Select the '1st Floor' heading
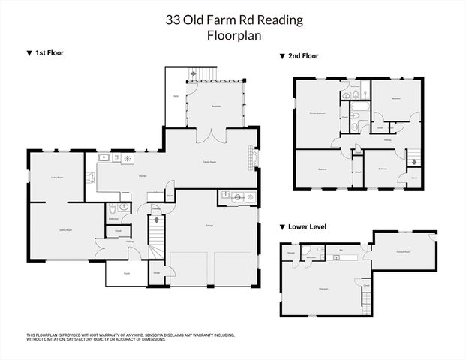tap(45, 53)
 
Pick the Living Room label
tap(56, 177)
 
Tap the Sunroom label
tap(215, 106)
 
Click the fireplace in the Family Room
tap(254, 158)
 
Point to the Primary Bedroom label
tap(317, 112)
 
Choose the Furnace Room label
tap(403, 252)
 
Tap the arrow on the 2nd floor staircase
tap(412, 161)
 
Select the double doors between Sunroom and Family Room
tap(215, 135)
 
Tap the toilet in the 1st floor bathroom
tap(113, 211)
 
